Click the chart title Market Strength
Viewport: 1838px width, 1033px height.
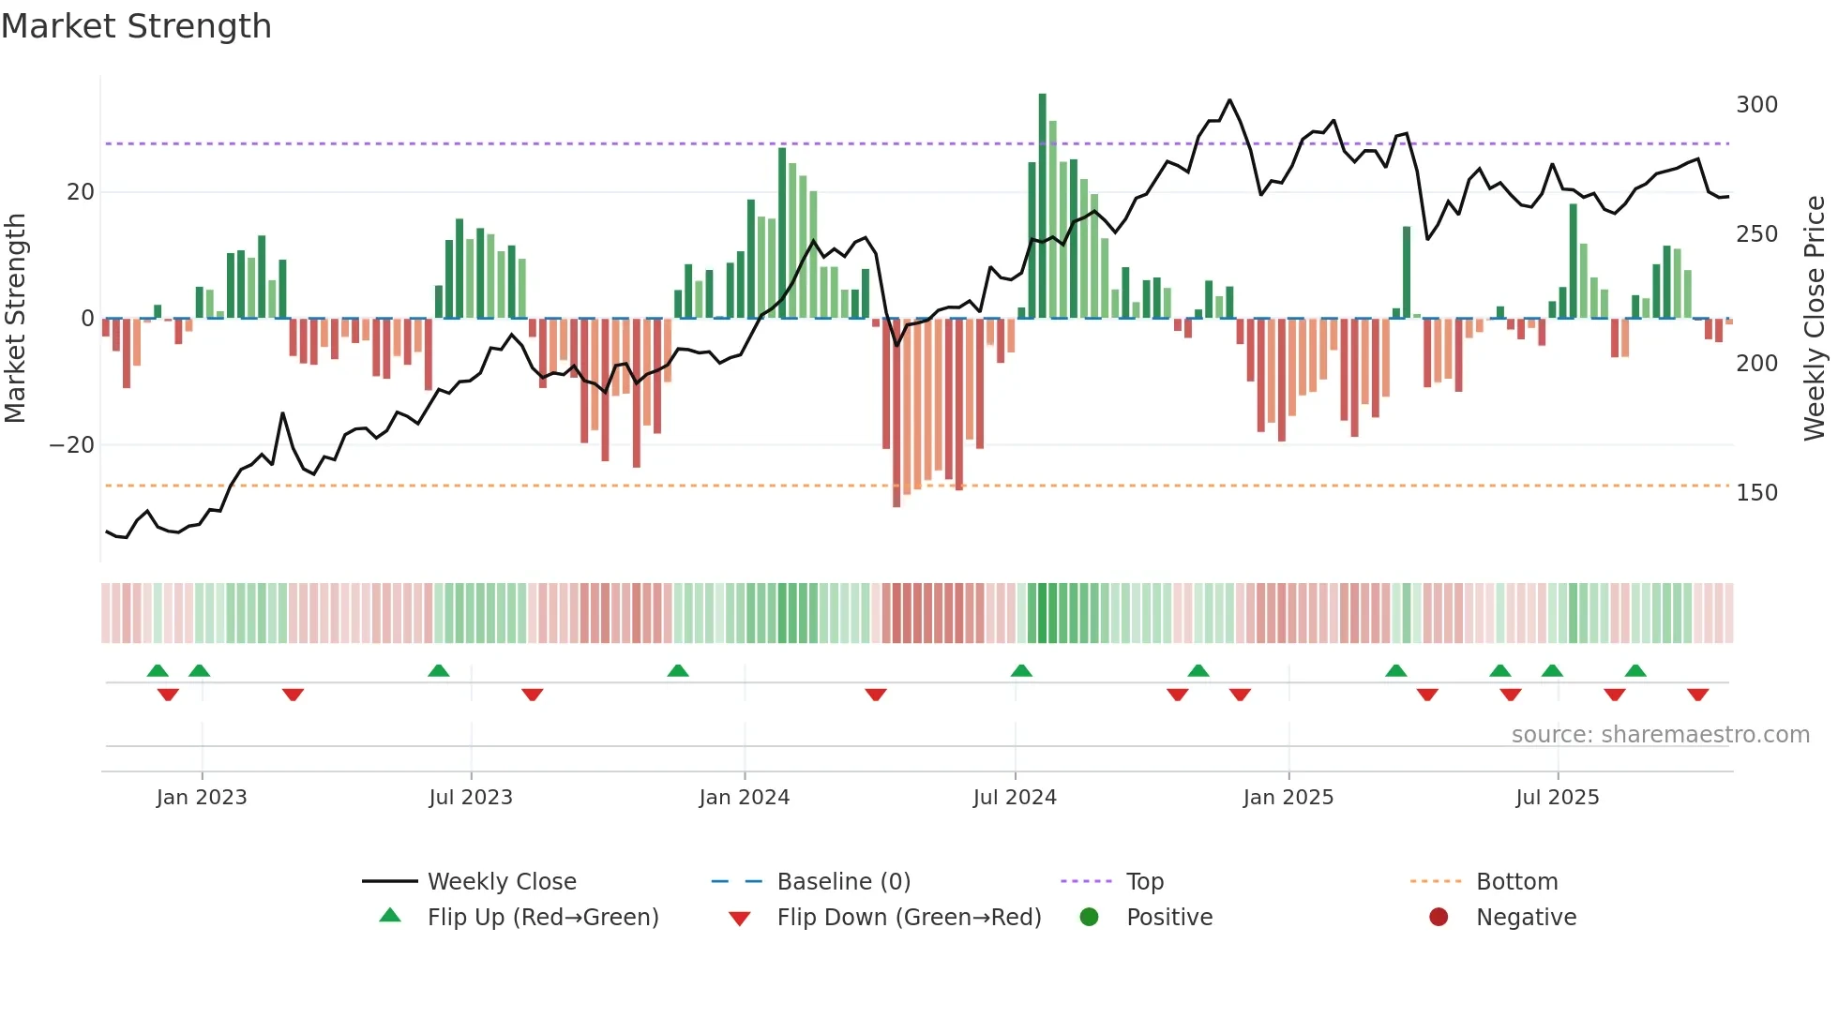click(136, 26)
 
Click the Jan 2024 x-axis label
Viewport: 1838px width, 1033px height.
click(744, 798)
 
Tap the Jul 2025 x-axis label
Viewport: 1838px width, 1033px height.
click(1557, 798)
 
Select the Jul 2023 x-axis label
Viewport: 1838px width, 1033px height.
click(470, 798)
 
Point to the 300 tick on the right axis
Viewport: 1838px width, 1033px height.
click(1756, 105)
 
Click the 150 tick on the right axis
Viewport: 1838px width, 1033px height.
click(1756, 493)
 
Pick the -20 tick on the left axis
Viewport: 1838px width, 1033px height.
click(72, 445)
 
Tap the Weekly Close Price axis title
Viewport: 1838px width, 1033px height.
click(1815, 319)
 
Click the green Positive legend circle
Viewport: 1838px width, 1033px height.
click(1089, 917)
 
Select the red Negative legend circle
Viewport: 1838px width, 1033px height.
click(1439, 917)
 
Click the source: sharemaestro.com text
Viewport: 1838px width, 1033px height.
click(1660, 735)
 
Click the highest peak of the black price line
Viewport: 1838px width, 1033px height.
click(1229, 100)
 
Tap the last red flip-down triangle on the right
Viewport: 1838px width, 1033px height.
click(1697, 695)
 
